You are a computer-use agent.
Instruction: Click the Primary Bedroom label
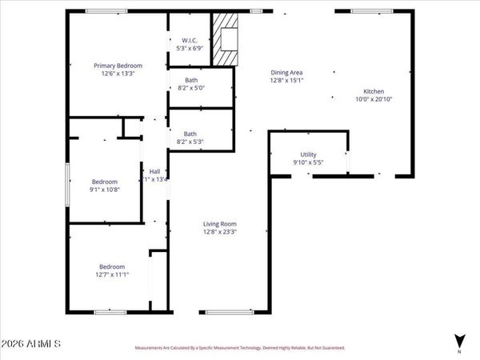tap(118, 65)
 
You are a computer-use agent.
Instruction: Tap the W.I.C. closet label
tap(190, 39)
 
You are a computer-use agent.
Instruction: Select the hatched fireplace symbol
tap(226, 38)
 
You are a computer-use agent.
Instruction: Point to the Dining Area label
tap(286, 71)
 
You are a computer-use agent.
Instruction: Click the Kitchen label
tap(374, 91)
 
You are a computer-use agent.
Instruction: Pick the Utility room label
tap(309, 154)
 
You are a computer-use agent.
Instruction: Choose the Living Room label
tap(219, 223)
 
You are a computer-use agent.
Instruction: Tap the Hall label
tap(154, 170)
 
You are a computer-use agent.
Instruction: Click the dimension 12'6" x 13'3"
tap(118, 74)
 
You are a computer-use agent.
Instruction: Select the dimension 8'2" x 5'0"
tap(191, 88)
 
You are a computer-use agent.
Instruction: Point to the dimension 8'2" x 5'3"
tap(191, 142)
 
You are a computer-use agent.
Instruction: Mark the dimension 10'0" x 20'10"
tap(374, 100)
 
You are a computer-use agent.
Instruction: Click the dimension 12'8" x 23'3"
tap(219, 232)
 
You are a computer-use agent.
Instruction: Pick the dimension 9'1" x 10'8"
tap(104, 190)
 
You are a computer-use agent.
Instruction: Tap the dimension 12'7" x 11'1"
tap(111, 275)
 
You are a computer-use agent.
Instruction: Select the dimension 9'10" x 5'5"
tap(309, 163)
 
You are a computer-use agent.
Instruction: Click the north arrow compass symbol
tap(458, 340)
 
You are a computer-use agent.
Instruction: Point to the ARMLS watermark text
tap(31, 344)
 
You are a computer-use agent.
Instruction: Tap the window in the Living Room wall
tap(230, 311)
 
